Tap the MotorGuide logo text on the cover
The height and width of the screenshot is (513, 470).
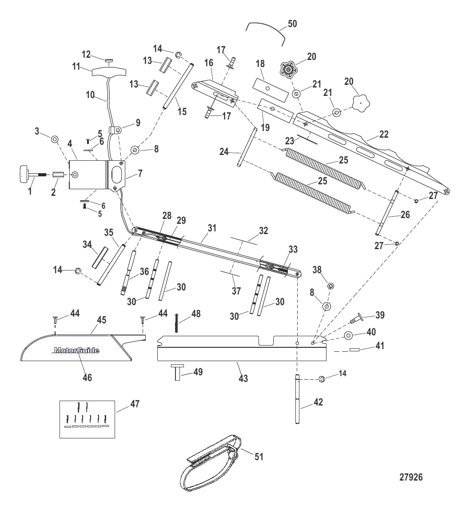click(x=76, y=350)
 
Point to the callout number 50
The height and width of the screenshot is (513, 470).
click(x=293, y=23)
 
